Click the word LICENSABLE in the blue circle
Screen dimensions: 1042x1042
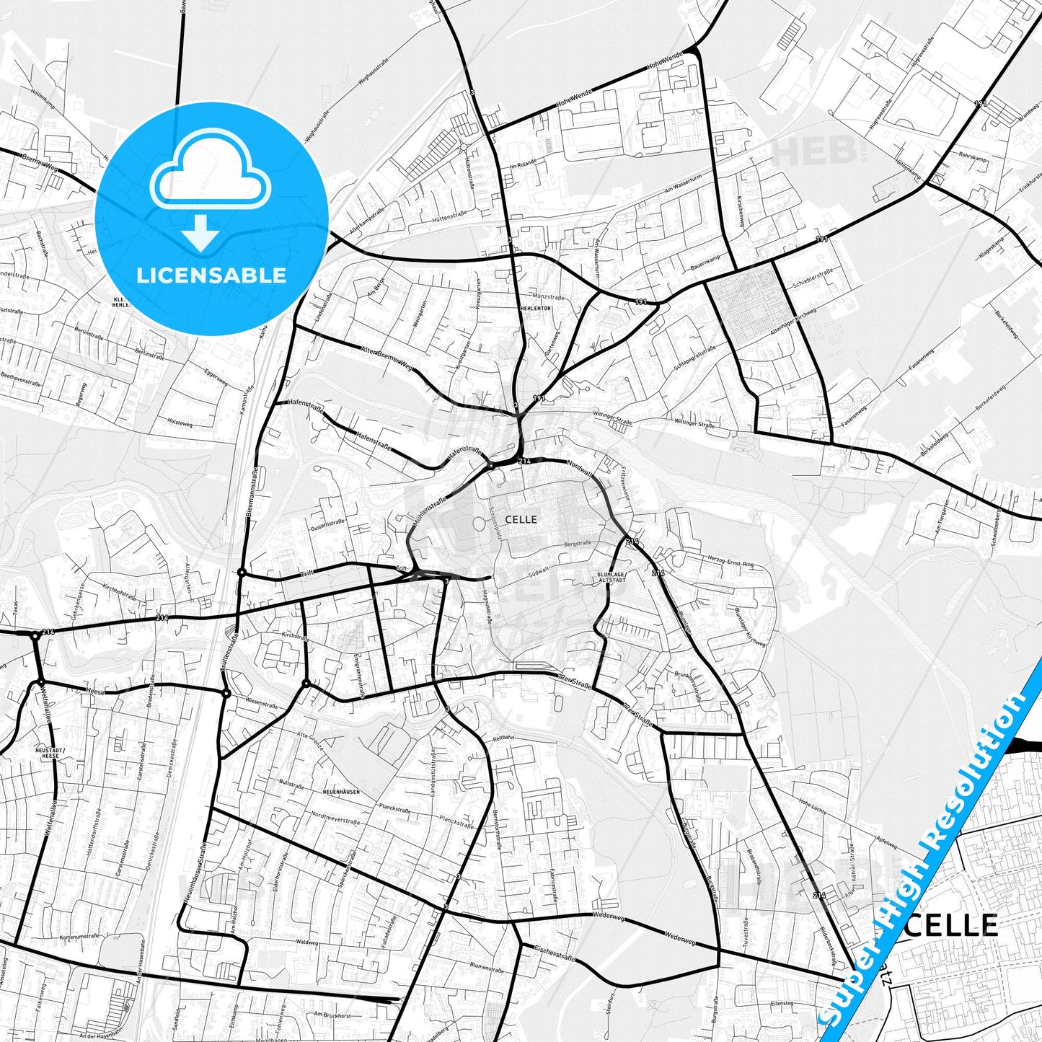click(x=211, y=275)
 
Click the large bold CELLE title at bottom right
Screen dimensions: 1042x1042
click(x=959, y=925)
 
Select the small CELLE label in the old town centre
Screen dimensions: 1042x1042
click(x=521, y=519)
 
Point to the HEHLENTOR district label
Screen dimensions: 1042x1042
click(x=535, y=308)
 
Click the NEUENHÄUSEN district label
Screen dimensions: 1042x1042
click(x=341, y=792)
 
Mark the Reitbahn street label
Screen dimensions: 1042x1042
click(x=503, y=738)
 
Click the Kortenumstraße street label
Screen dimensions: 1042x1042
click(x=79, y=937)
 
